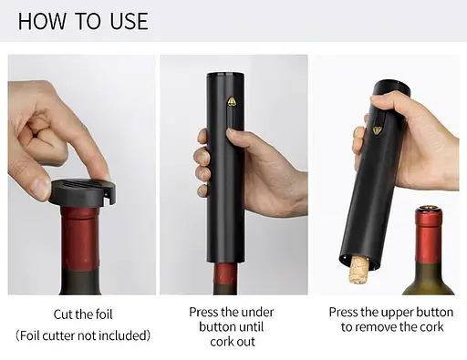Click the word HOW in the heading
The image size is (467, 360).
tap(42, 21)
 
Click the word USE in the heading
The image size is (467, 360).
tap(129, 21)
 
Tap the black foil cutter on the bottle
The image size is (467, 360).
tap(82, 192)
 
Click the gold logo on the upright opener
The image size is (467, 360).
tap(232, 101)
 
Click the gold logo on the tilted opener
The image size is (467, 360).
tap(378, 130)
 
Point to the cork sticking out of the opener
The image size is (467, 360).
tap(358, 270)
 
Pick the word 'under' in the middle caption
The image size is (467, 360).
tap(258, 313)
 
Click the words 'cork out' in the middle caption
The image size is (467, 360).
tap(233, 342)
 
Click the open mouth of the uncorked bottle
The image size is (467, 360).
tap(429, 209)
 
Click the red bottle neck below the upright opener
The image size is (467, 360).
tap(225, 275)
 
